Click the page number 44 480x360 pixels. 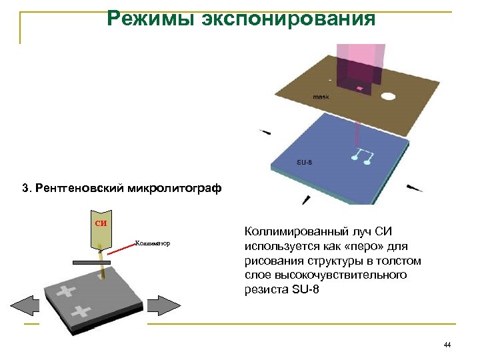click(447, 345)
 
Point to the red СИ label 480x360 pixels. click(99, 223)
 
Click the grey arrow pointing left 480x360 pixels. click(27, 306)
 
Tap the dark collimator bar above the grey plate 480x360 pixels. click(91, 263)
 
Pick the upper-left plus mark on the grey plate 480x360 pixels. click(67, 291)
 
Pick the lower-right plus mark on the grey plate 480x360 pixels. click(81, 310)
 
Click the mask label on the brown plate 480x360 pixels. click(321, 97)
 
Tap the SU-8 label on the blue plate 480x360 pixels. click(304, 162)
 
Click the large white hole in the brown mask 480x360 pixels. click(388, 96)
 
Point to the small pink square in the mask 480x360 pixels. click(360, 88)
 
